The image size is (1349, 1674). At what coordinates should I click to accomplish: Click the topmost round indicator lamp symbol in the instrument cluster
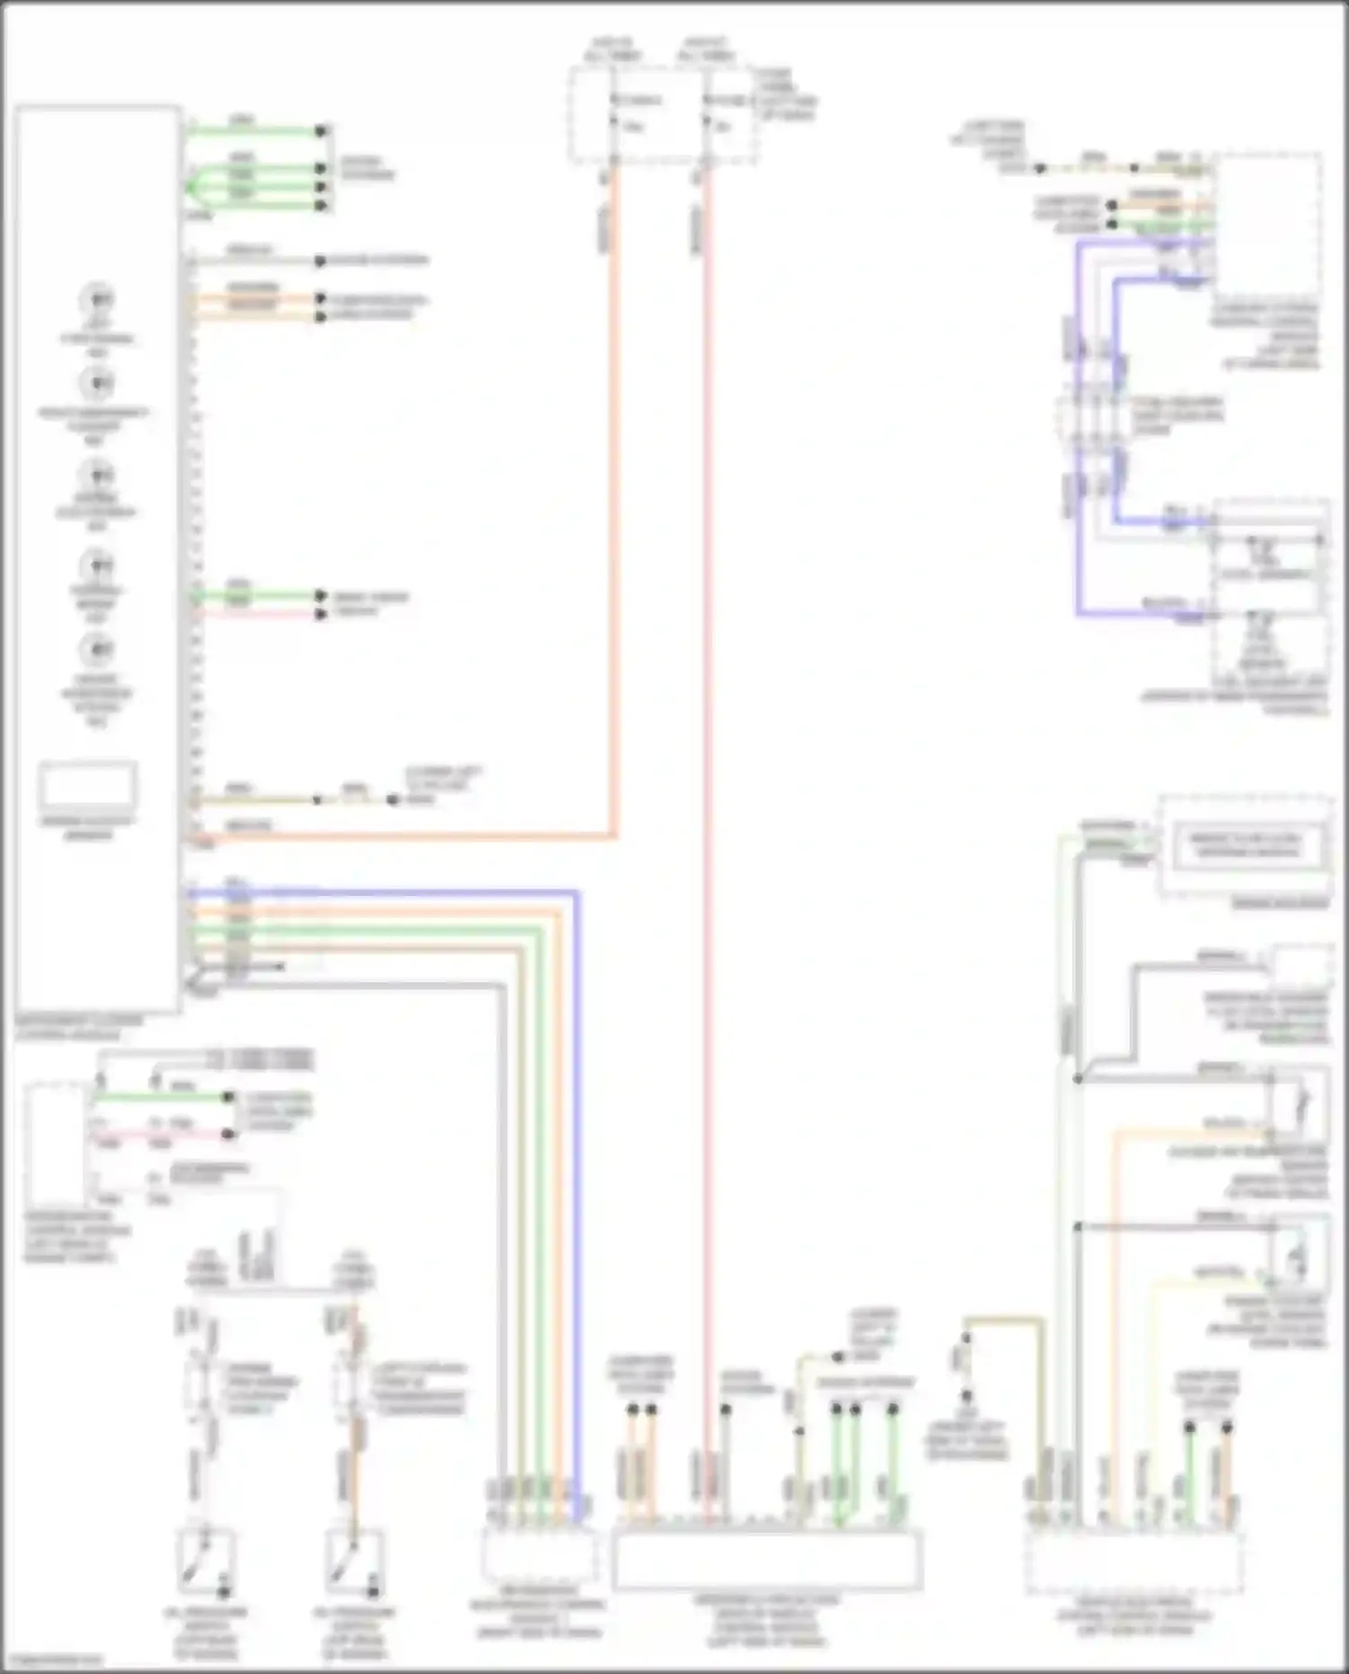coord(97,299)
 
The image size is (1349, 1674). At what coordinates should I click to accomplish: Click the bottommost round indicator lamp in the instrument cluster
coord(97,649)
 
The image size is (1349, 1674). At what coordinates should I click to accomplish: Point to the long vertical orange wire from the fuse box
coord(614,540)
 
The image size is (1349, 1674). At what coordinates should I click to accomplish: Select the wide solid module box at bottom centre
coord(766,1560)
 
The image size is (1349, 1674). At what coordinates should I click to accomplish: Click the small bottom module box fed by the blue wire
coord(539,1555)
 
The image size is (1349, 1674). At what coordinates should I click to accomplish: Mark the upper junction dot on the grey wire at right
coord(1077,1078)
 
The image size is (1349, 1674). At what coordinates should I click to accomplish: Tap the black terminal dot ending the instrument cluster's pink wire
coord(321,614)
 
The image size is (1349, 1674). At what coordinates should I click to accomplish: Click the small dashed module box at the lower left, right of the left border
coord(56,1142)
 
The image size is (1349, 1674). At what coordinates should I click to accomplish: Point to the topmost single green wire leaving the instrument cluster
coord(256,131)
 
